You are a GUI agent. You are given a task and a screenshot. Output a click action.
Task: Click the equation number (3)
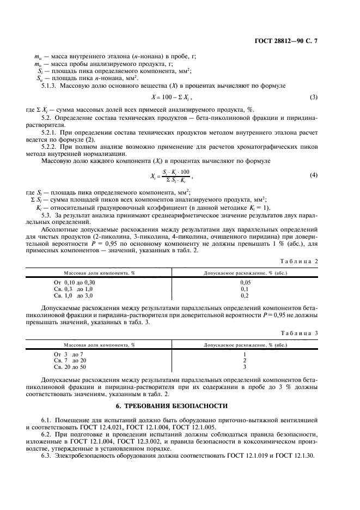(x=313, y=97)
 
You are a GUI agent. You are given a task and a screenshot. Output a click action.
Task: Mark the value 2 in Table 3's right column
(x=245, y=360)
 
